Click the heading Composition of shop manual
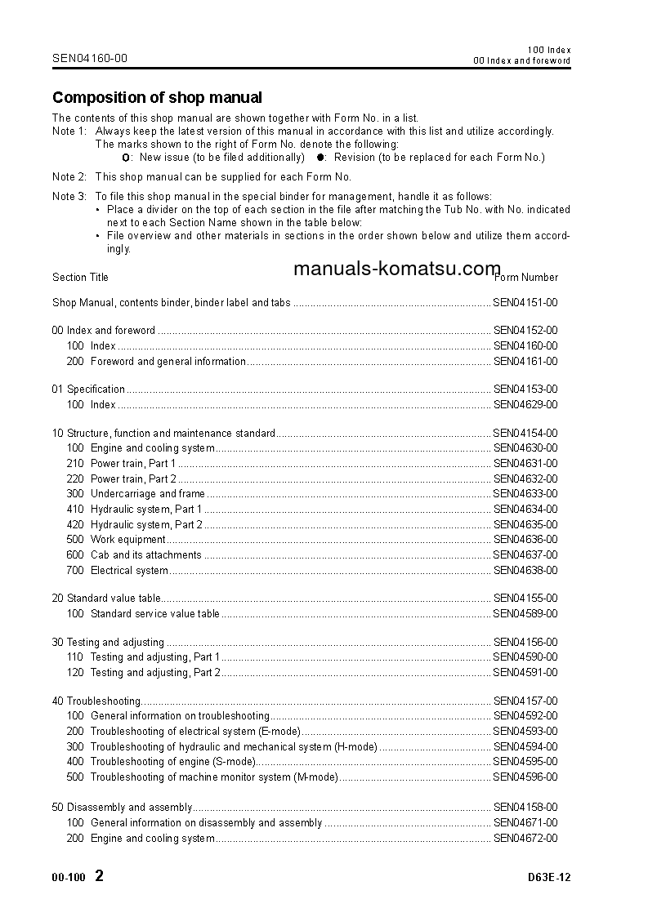[157, 98]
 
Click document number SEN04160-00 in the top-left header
[90, 58]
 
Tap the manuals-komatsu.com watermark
[396, 269]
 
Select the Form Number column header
[527, 278]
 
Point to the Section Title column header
[80, 278]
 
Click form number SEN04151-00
[525, 303]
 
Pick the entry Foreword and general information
[168, 362]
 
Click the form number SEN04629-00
[525, 405]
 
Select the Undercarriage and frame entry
[147, 494]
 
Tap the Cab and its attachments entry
[145, 555]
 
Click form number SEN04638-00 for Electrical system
[525, 571]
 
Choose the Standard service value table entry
[154, 614]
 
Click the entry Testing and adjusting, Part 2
[155, 673]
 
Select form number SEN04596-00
[525, 777]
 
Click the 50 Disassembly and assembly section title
[122, 808]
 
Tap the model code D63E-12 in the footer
[549, 879]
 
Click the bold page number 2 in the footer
[100, 877]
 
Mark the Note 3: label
[69, 197]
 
